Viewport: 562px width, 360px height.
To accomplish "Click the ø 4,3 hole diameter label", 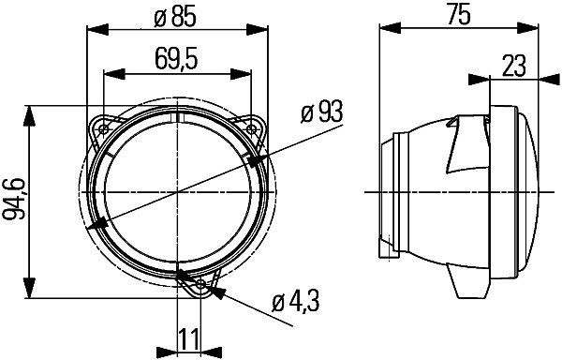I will (295, 303).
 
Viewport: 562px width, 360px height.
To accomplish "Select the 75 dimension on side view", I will (459, 13).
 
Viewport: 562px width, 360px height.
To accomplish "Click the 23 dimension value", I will (514, 65).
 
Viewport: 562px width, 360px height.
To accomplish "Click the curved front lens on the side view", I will (530, 192).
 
